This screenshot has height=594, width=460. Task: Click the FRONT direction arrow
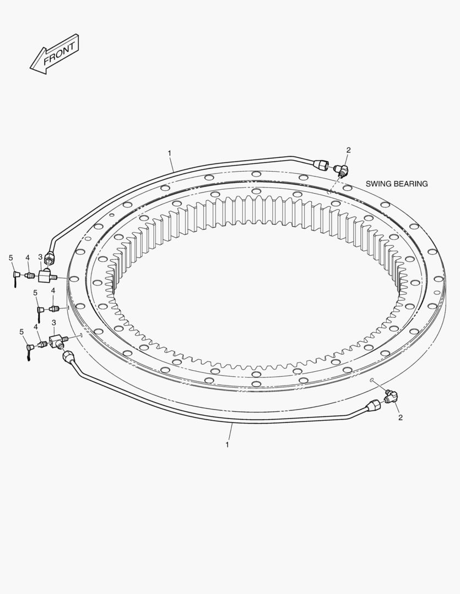pyautogui.click(x=55, y=54)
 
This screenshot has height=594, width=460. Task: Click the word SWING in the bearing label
pyautogui.click(x=379, y=184)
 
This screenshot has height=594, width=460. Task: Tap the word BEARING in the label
pyautogui.click(x=410, y=184)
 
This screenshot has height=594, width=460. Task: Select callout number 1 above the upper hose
pyautogui.click(x=170, y=152)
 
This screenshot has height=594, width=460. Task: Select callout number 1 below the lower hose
pyautogui.click(x=227, y=444)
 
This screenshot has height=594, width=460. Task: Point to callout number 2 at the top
pyautogui.click(x=348, y=150)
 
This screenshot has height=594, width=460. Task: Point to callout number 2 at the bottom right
pyautogui.click(x=401, y=417)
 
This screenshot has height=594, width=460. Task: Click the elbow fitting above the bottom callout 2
pyautogui.click(x=391, y=397)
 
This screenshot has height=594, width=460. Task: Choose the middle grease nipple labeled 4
pyautogui.click(x=54, y=308)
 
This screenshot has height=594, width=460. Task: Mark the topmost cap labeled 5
pyautogui.click(x=16, y=273)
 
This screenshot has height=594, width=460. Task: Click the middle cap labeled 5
pyautogui.click(x=40, y=310)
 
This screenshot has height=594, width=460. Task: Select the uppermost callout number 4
pyautogui.click(x=27, y=257)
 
